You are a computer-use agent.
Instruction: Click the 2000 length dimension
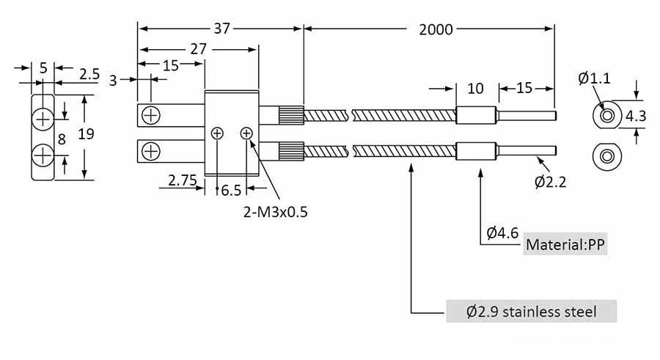[x=436, y=29]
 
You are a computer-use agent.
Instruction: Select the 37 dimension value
[x=222, y=29]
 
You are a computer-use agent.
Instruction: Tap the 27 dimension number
[x=198, y=49]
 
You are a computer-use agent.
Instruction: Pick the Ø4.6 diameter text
[x=503, y=234]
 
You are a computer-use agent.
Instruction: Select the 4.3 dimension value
[x=635, y=115]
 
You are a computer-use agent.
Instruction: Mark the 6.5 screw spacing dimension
[x=231, y=191]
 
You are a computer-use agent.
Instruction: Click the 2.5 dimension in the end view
[x=89, y=74]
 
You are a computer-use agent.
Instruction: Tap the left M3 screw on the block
[x=217, y=133]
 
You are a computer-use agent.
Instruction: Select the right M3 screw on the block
[x=246, y=133]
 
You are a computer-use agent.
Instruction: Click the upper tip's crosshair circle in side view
[x=151, y=115]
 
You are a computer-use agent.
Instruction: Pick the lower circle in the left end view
[x=43, y=155]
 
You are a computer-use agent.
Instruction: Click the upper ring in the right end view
[x=606, y=116]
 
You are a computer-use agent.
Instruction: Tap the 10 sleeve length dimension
[x=475, y=89]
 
